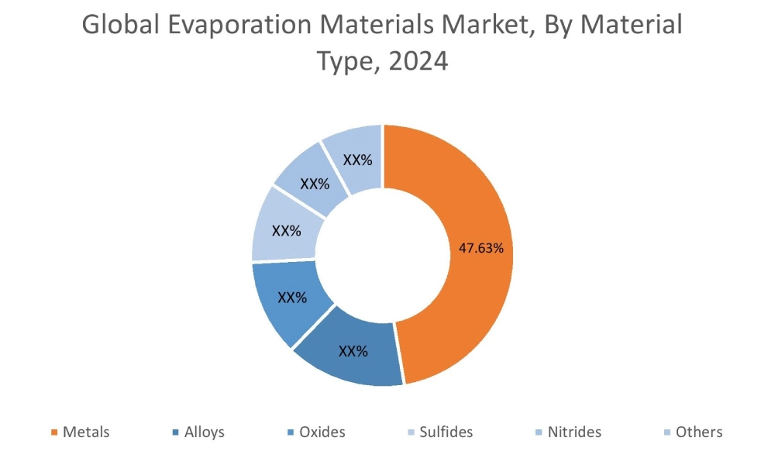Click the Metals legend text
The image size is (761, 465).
(86, 432)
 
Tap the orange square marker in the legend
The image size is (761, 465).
(54, 432)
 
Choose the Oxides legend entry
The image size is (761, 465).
(322, 432)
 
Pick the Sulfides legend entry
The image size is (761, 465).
(446, 432)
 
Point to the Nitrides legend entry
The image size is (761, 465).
(574, 432)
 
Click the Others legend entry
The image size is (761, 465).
(698, 432)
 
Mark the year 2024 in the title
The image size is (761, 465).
(418, 60)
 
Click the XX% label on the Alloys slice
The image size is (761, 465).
(353, 351)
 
